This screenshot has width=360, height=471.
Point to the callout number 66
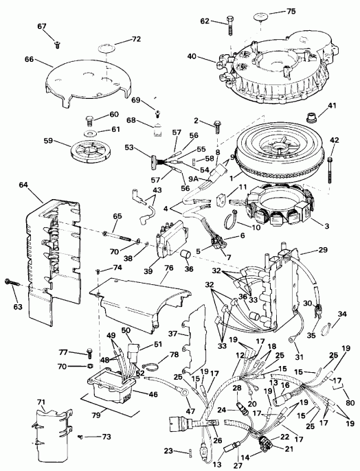click(29, 59)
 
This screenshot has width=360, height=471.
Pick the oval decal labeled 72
click(103, 49)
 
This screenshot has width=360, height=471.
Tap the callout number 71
click(41, 401)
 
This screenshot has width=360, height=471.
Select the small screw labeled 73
click(81, 437)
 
